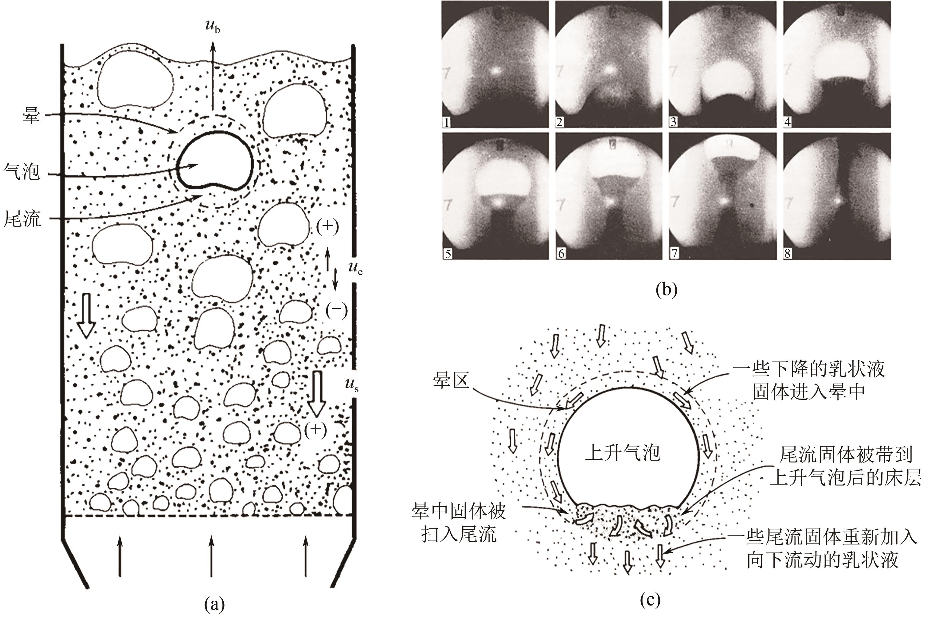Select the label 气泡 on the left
tap(22, 172)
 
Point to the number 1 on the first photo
tap(447, 122)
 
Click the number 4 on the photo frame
tap(787, 122)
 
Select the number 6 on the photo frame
tap(561, 253)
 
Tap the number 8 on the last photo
tap(787, 253)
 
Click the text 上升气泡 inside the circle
tap(623, 452)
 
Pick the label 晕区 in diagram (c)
tap(451, 381)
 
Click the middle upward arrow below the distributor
tap(211, 555)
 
